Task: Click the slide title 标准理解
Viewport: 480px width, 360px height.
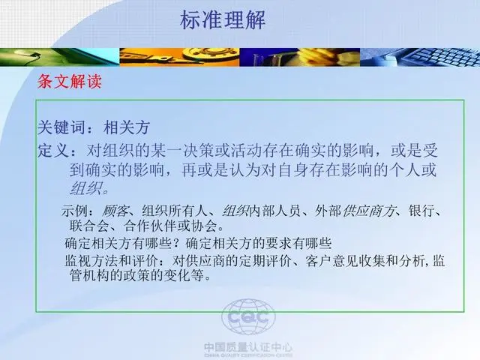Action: coord(223,20)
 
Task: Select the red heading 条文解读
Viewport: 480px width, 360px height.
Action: coord(70,82)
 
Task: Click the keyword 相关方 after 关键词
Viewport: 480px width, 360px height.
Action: coord(127,127)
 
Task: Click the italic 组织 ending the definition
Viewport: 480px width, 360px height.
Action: coord(85,188)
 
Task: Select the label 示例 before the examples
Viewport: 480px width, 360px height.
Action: coord(74,211)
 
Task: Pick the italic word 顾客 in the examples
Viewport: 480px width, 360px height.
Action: coord(115,211)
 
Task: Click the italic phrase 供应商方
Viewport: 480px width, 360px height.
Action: coord(368,211)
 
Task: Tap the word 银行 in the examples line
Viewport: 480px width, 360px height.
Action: coord(421,211)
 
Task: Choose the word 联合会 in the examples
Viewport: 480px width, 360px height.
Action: coord(89,226)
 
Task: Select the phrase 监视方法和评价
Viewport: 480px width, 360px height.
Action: coord(112,261)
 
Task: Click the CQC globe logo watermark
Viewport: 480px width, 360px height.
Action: coord(248,316)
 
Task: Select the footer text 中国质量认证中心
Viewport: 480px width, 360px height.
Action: coord(248,347)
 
